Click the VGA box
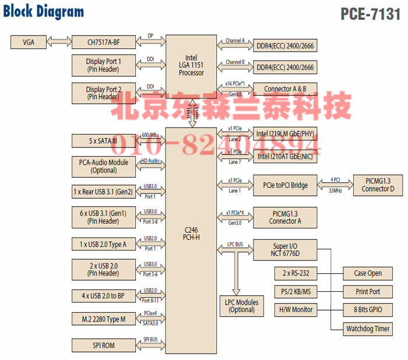coord(28,42)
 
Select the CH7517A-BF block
coord(103,42)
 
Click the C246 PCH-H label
coord(191,234)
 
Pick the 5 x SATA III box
coord(103,141)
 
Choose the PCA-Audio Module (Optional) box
coord(103,167)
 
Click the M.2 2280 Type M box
coord(103,319)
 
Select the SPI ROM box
coord(103,345)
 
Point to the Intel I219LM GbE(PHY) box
coord(286,133)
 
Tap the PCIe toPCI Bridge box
coord(286,185)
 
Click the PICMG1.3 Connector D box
coord(377,185)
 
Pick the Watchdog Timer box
coord(368,329)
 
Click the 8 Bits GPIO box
coord(368,310)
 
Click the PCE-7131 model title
coord(370,14)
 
